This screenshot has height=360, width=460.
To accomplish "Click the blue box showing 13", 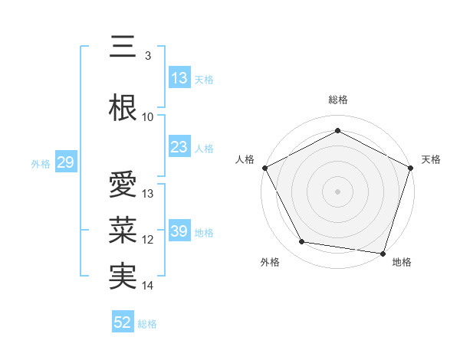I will [x=179, y=79].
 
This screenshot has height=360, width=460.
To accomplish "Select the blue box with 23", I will [x=179, y=148].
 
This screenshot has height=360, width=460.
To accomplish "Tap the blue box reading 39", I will [x=179, y=232].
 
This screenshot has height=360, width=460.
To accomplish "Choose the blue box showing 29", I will [x=65, y=163].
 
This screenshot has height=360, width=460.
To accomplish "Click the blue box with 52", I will [x=123, y=323].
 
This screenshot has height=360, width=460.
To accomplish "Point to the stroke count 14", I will [x=148, y=286].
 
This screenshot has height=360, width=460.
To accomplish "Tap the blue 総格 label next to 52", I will [x=147, y=324].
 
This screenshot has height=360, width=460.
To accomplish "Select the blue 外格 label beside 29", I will [x=41, y=164].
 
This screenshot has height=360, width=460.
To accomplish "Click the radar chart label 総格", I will [x=337, y=100].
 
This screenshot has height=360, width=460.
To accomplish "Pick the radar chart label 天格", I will [x=431, y=159].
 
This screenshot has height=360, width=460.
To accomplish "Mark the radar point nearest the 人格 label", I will [x=264, y=168].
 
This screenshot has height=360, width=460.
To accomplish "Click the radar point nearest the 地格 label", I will [x=383, y=253].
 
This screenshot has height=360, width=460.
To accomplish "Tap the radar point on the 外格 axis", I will [x=302, y=242].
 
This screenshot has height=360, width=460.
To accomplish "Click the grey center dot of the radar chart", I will [x=337, y=191].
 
